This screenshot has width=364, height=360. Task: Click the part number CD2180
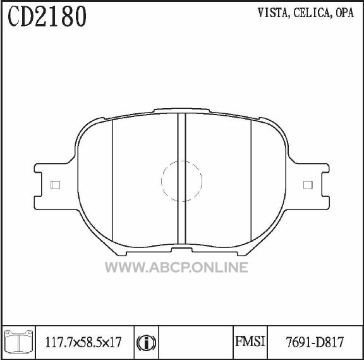coord(47,16)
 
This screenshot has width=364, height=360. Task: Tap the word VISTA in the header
coord(273,13)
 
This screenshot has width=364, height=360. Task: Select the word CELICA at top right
coord(312,13)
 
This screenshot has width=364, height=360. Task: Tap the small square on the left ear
coord(55,185)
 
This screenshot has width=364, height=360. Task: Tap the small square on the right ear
coord(308,185)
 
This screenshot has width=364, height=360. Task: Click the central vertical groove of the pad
coord(182,178)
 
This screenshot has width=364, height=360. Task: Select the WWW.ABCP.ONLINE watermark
coord(176,267)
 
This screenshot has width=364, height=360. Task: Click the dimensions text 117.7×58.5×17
coord(83,342)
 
